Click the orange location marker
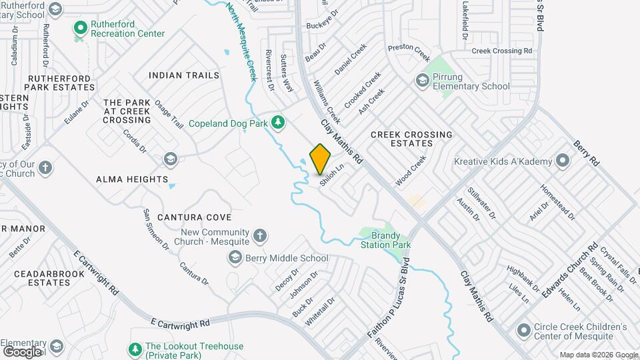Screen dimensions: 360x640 tap(320, 159)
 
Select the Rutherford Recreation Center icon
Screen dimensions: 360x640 tap(80, 29)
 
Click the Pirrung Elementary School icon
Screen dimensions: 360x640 tap(421, 81)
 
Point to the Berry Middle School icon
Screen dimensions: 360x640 tap(234, 257)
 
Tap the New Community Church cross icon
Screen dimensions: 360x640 tap(260, 236)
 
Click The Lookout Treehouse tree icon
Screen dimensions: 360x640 tap(135, 350)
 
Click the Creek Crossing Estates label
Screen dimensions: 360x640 tap(411, 139)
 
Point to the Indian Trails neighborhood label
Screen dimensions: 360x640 tap(184, 75)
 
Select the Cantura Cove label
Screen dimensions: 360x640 tap(195, 217)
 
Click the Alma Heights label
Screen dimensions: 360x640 tap(132, 179)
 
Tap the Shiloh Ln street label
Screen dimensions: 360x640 tap(331, 175)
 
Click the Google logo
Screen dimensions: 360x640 tap(22, 351)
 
